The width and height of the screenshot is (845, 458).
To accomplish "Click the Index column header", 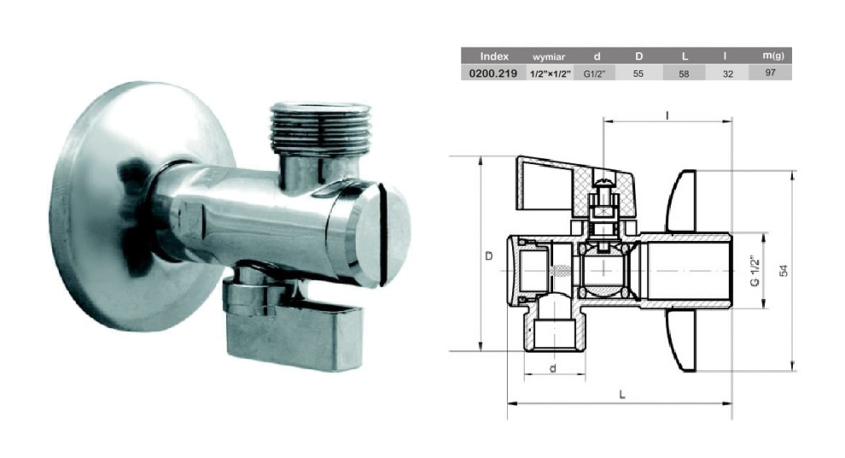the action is click(494, 56).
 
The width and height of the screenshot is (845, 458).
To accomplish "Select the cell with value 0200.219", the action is click(493, 73).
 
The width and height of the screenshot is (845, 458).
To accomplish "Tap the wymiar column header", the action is click(549, 56).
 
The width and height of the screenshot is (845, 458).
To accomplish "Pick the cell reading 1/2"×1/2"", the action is click(551, 73).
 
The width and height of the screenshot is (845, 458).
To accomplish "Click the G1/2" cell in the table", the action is click(594, 73).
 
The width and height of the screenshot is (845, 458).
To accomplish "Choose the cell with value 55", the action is click(638, 73).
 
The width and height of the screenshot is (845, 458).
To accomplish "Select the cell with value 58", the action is click(684, 73).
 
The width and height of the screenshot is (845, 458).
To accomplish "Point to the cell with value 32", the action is click(727, 73).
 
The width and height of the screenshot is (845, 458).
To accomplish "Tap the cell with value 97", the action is click(771, 73).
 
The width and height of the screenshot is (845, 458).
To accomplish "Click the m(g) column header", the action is click(773, 56).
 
